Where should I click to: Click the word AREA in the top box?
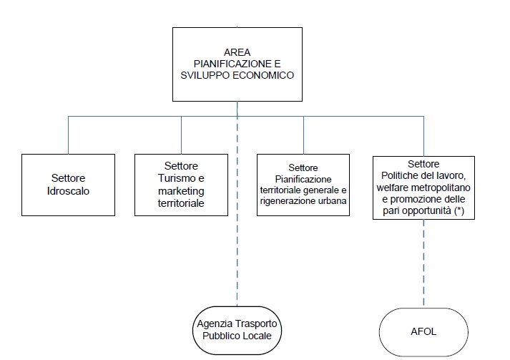(236, 52)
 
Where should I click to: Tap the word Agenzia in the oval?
(217, 323)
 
